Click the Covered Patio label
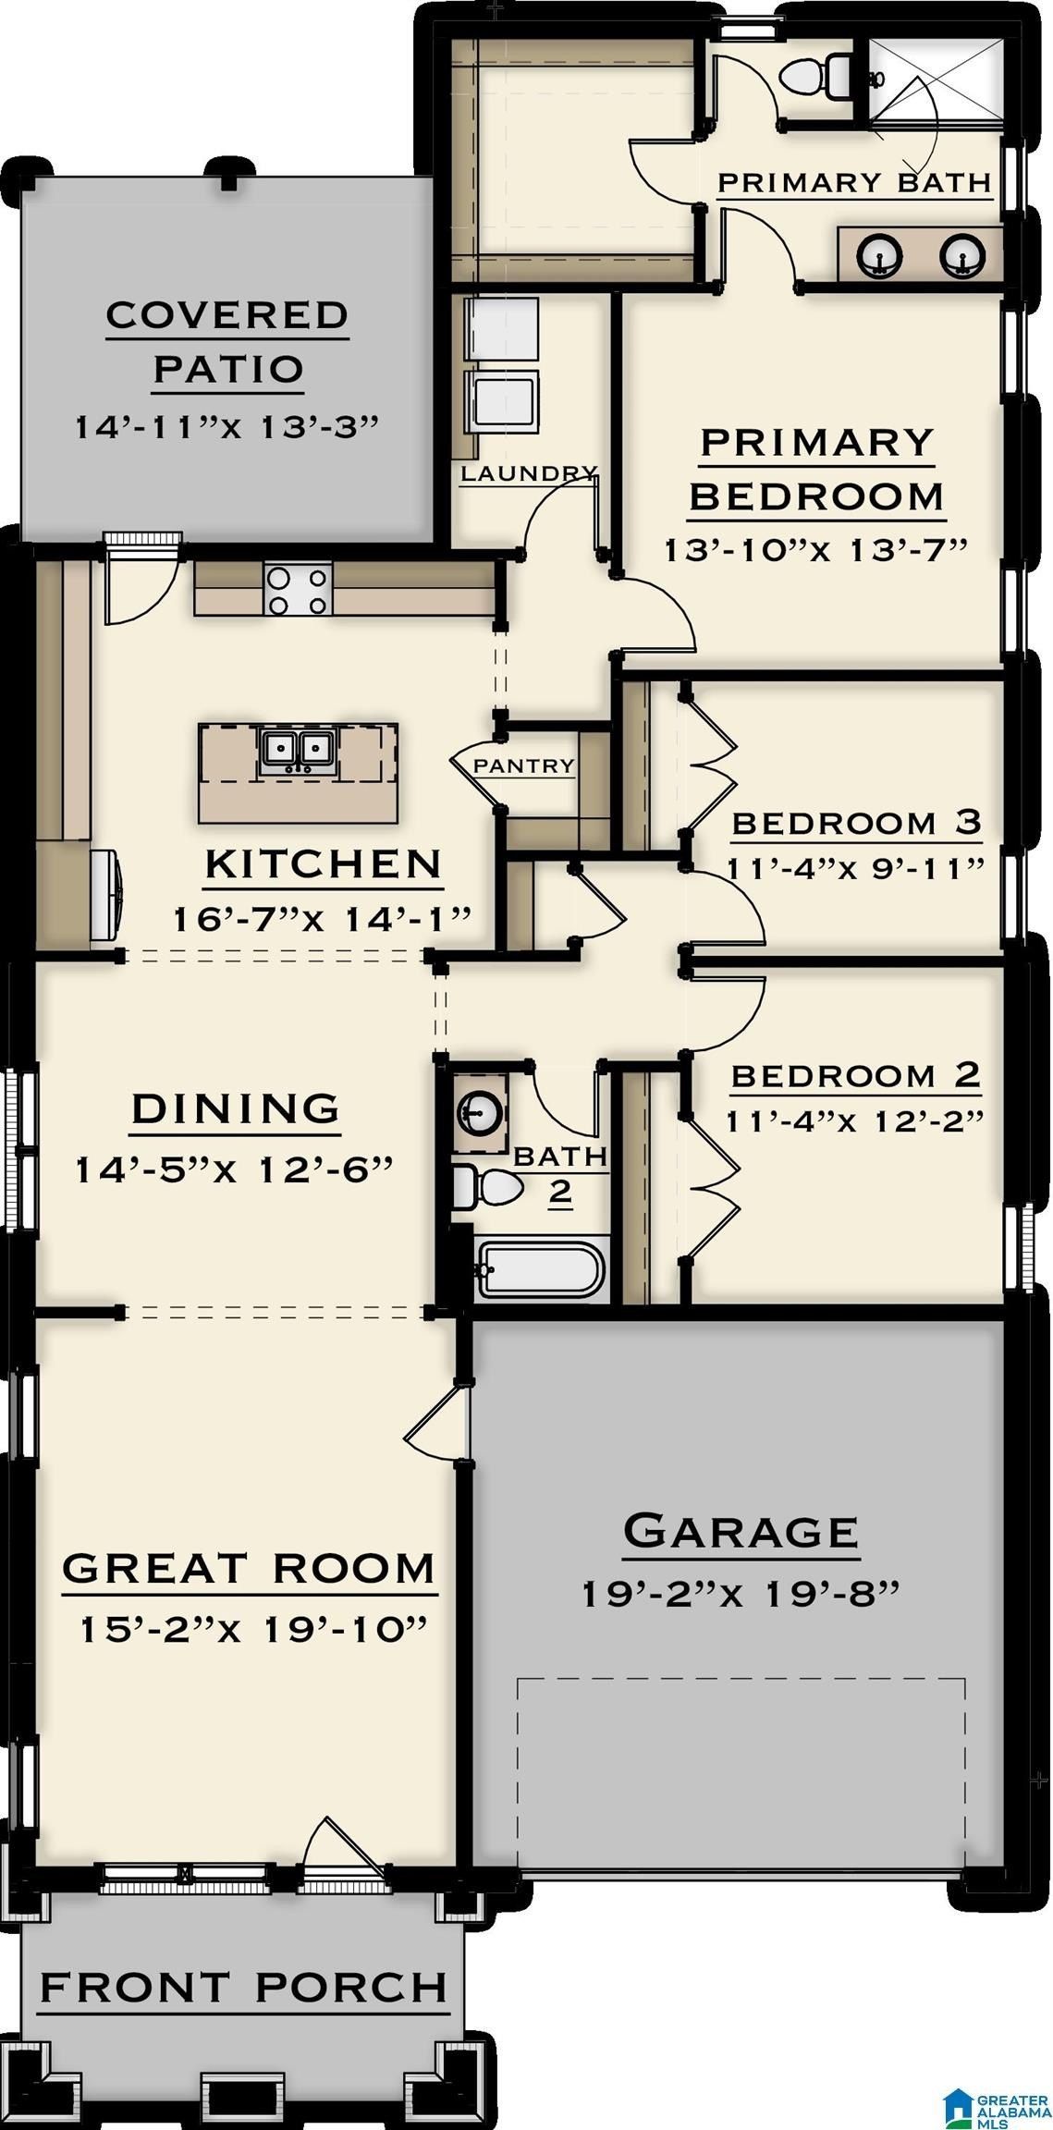[227, 341]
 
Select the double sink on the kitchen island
[297, 751]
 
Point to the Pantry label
[523, 765]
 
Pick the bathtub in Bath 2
[541, 1269]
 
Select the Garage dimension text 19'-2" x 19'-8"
[741, 1593]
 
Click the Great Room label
[248, 1568]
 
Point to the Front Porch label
[243, 1987]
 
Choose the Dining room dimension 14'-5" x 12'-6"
[234, 1169]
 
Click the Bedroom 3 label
[856, 822]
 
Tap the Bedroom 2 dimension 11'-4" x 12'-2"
[854, 1120]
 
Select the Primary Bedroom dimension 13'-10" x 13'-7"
[816, 549]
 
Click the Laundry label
[529, 473]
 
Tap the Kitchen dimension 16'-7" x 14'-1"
[323, 919]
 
